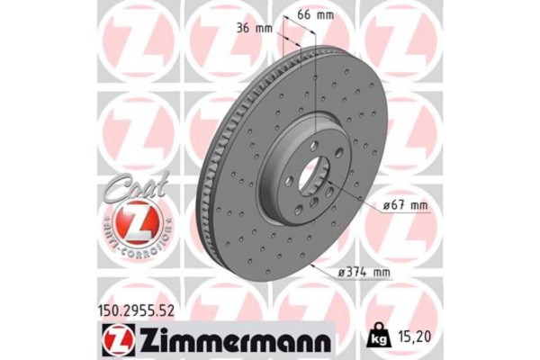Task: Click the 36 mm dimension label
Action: coord(255,28)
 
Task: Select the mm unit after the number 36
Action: coord(264,28)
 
